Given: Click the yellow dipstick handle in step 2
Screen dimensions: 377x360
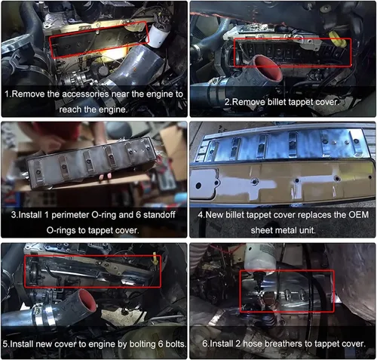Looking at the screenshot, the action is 338,40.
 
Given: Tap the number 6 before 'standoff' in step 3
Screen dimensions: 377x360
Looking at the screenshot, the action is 138,215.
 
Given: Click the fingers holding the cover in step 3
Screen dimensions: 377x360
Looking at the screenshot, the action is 106,177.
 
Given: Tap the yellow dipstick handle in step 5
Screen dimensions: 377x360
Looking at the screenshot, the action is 155,260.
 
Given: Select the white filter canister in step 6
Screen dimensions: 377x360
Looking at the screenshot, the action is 261,258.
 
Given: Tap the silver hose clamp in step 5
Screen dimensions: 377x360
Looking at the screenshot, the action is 41,318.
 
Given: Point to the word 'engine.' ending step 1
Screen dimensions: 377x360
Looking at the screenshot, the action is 113,109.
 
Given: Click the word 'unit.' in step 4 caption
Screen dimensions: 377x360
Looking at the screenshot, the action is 307,230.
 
